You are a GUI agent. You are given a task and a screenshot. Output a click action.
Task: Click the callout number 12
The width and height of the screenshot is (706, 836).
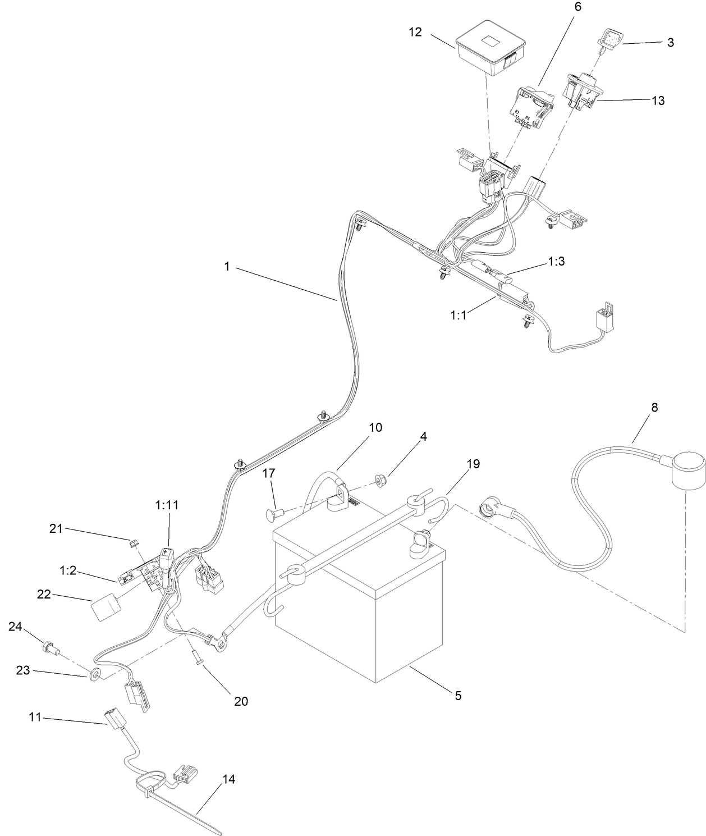(x=415, y=31)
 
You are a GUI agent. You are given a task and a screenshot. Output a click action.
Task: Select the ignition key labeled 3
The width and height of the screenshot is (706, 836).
(x=609, y=39)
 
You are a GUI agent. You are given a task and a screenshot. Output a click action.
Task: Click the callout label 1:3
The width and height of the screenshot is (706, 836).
(x=556, y=262)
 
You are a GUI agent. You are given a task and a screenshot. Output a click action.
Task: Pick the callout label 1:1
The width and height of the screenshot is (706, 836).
(x=459, y=316)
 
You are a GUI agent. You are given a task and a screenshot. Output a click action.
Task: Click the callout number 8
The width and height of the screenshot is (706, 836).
(x=654, y=407)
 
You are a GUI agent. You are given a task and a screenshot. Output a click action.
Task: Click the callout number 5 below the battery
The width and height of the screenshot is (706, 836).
(x=458, y=696)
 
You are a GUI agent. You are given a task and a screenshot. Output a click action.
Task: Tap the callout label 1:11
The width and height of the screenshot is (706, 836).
(x=167, y=505)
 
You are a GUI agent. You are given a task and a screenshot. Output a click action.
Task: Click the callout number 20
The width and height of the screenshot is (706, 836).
(x=241, y=701)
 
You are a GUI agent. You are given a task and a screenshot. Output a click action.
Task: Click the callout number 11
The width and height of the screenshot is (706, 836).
(x=35, y=717)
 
